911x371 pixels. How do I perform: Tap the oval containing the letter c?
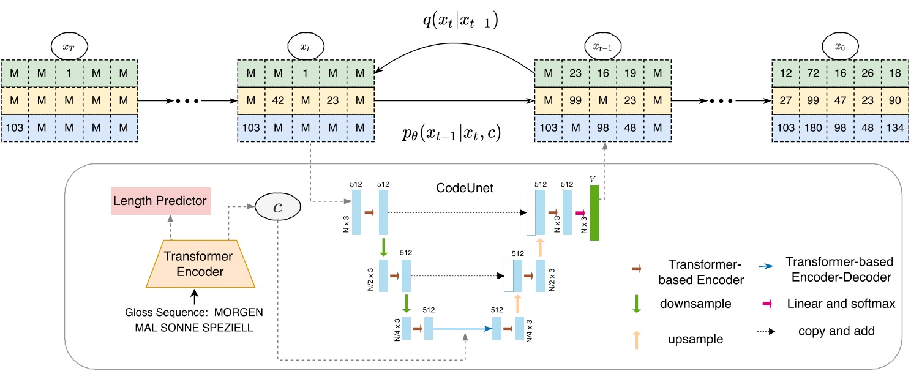click(x=277, y=208)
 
